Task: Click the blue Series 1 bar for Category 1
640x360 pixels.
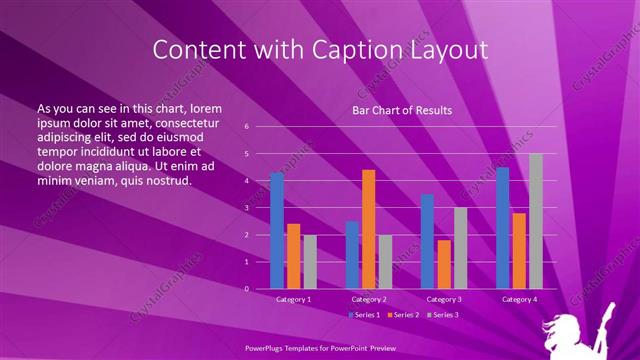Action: click(277, 231)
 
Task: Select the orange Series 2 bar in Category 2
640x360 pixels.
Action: click(368, 229)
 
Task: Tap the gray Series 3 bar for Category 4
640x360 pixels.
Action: click(535, 221)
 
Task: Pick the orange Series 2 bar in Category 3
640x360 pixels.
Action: click(443, 264)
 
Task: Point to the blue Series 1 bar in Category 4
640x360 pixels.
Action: click(502, 228)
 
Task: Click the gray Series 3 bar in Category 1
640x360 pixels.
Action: click(310, 262)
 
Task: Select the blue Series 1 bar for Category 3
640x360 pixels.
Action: click(427, 241)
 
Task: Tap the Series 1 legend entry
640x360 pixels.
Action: click(364, 315)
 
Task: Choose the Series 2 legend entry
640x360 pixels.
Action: click(405, 315)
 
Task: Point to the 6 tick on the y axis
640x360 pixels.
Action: click(247, 127)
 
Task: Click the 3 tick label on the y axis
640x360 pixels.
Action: click(247, 208)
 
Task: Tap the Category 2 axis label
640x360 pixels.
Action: click(368, 299)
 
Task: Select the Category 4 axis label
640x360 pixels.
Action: click(518, 299)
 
